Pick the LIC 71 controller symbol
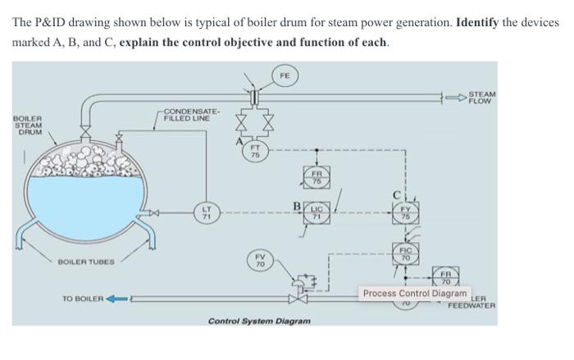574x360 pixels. pos(318,212)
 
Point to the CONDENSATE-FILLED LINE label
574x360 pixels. pos(189,115)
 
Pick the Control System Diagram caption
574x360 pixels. pos(259,320)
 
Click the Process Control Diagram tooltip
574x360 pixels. pos(414,293)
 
